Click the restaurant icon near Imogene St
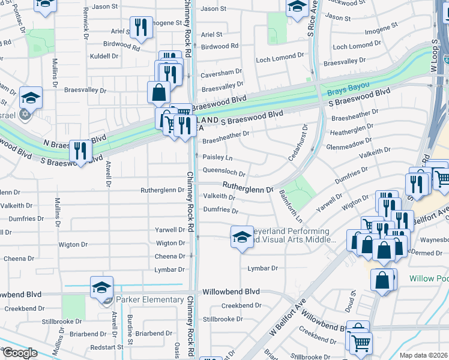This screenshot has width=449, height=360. coord(141,27)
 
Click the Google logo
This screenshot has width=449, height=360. coord(19,353)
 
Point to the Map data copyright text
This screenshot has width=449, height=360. coord(423,355)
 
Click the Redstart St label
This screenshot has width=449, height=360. coord(108,347)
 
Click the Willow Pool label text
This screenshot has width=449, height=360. coord(429,279)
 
